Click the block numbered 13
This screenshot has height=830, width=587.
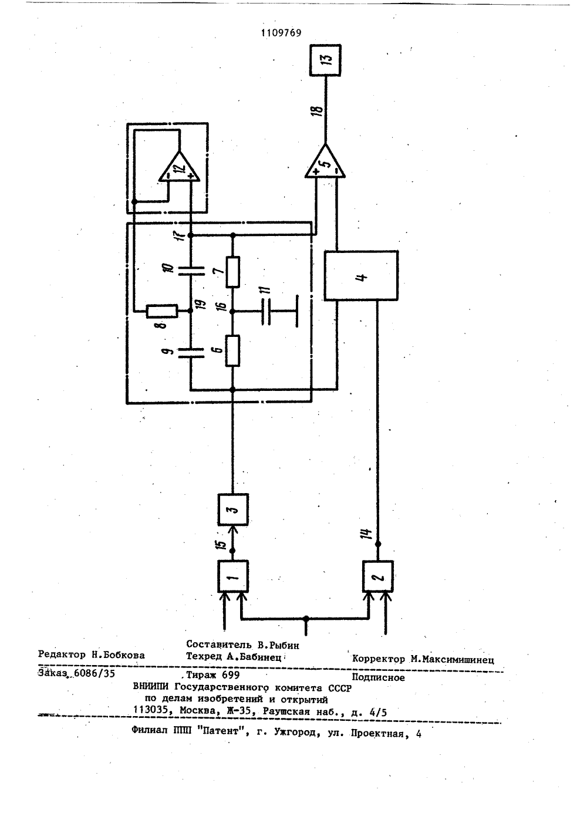325,60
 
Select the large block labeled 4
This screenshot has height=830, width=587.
361,275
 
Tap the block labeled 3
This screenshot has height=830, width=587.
232,510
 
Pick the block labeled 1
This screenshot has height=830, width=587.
232,576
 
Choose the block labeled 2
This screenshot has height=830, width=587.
377,576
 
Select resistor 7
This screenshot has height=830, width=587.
232,272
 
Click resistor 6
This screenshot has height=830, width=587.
232,350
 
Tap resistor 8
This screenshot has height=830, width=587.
162,311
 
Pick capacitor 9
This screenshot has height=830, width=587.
191,353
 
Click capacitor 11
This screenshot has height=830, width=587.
266,312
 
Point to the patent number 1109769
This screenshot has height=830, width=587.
281,33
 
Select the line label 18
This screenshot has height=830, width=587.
318,111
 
